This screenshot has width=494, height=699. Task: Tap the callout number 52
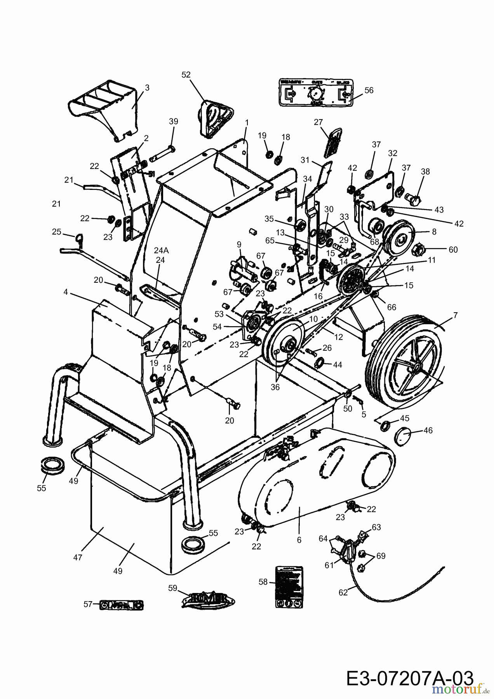pyautogui.click(x=186, y=75)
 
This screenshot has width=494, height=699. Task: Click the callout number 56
pyautogui.click(x=369, y=90)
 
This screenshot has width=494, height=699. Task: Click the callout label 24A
pyautogui.click(x=161, y=251)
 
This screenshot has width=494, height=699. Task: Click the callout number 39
pyautogui.click(x=174, y=121)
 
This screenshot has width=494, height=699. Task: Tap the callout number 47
pyautogui.click(x=78, y=557)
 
